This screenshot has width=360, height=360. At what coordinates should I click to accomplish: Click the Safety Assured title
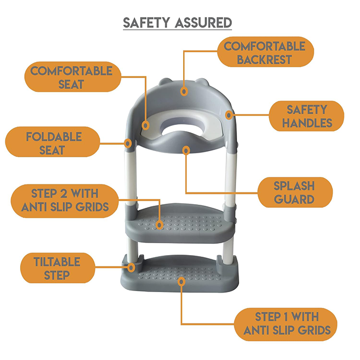click(x=177, y=23)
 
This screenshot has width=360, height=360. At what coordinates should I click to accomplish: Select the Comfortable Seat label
click(x=71, y=77)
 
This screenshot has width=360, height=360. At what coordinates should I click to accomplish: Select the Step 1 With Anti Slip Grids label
click(x=287, y=323)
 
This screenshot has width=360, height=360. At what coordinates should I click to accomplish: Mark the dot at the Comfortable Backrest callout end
click(x=184, y=92)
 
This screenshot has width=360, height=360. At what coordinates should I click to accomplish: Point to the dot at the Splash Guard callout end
click(x=185, y=150)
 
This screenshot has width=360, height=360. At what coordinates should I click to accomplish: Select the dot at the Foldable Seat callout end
click(x=128, y=142)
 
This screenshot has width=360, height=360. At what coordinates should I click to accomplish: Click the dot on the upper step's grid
click(x=160, y=225)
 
